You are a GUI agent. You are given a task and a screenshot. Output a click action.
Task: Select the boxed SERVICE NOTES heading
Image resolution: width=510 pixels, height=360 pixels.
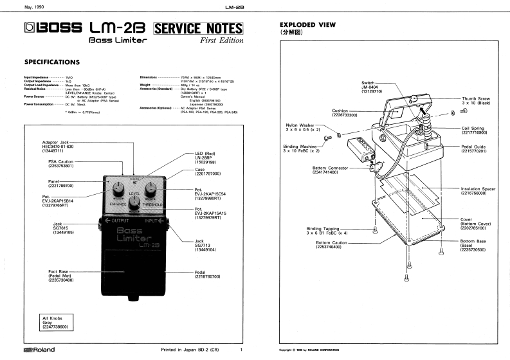click(x=198, y=29)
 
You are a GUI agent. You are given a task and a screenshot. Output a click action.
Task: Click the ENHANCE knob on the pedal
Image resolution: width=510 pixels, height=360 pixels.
click(x=119, y=189)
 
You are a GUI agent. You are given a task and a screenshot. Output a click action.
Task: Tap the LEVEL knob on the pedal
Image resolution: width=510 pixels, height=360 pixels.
click(x=135, y=203)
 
